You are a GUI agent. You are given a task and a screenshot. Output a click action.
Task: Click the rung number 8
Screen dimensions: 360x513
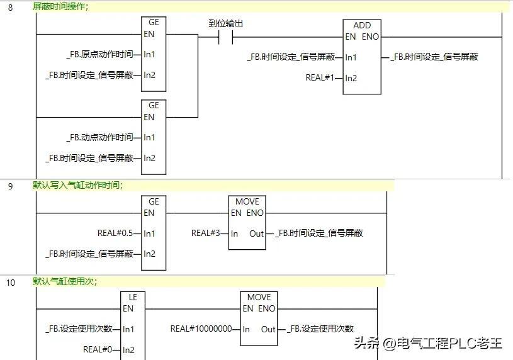pyautogui.click(x=10, y=7)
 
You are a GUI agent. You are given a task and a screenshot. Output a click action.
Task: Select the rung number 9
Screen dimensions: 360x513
pyautogui.click(x=10, y=186)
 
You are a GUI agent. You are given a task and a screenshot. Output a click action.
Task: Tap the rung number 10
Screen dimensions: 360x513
pyautogui.click(x=11, y=282)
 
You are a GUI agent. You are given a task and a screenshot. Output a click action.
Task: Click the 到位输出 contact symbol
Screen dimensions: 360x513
pyautogui.click(x=225, y=37)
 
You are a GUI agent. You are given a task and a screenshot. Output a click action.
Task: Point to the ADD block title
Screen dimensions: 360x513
pyautogui.click(x=362, y=25)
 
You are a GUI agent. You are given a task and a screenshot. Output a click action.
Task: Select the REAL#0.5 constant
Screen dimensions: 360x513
pyautogui.click(x=115, y=233)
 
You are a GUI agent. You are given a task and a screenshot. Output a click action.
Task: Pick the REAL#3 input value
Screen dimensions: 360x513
pyautogui.click(x=205, y=233)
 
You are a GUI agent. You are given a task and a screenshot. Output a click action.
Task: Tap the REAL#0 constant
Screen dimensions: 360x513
pyautogui.click(x=97, y=349)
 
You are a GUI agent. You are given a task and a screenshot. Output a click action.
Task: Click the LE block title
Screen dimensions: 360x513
pyautogui.click(x=133, y=297)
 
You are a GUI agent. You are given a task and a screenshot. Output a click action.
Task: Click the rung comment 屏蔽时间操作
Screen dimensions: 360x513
pyautogui.click(x=61, y=6)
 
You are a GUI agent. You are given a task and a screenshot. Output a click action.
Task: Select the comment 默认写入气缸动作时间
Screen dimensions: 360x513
pyautogui.click(x=78, y=185)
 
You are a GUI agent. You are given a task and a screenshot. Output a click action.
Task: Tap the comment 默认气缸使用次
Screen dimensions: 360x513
pyautogui.click(x=65, y=281)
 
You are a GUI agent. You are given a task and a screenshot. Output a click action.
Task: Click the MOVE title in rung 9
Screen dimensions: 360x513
pyautogui.click(x=247, y=201)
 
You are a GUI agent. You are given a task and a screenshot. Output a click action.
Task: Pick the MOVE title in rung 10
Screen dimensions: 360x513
pyautogui.click(x=259, y=297)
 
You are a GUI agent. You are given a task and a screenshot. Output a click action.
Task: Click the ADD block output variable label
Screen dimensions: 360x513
pyautogui.click(x=434, y=57)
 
